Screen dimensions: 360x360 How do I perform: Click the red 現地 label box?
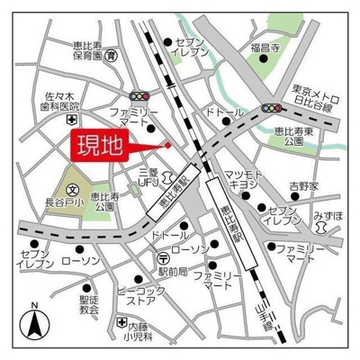[99, 145]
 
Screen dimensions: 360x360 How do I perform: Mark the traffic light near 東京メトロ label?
[269, 108]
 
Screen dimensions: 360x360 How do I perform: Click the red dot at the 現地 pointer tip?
[167, 145]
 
